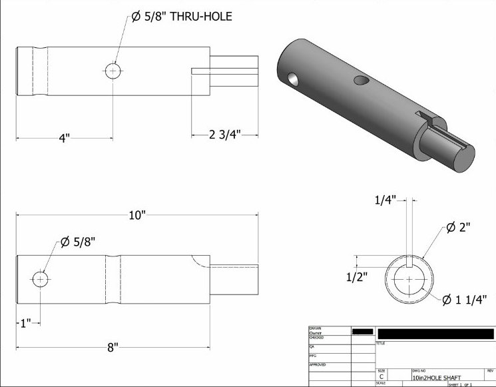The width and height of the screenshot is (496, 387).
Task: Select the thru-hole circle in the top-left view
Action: click(x=113, y=71)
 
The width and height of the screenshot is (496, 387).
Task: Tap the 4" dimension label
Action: click(x=64, y=138)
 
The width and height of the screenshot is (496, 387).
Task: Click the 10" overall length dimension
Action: click(x=137, y=215)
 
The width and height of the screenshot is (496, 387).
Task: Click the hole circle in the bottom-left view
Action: click(x=41, y=278)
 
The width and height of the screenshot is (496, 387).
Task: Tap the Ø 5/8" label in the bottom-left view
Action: click(x=78, y=242)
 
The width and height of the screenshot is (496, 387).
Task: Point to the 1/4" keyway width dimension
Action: click(x=385, y=199)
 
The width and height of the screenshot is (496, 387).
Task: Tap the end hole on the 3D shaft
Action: click(x=292, y=81)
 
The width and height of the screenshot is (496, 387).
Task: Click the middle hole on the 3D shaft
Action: click(x=362, y=81)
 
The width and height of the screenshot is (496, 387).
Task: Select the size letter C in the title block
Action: click(x=381, y=377)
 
